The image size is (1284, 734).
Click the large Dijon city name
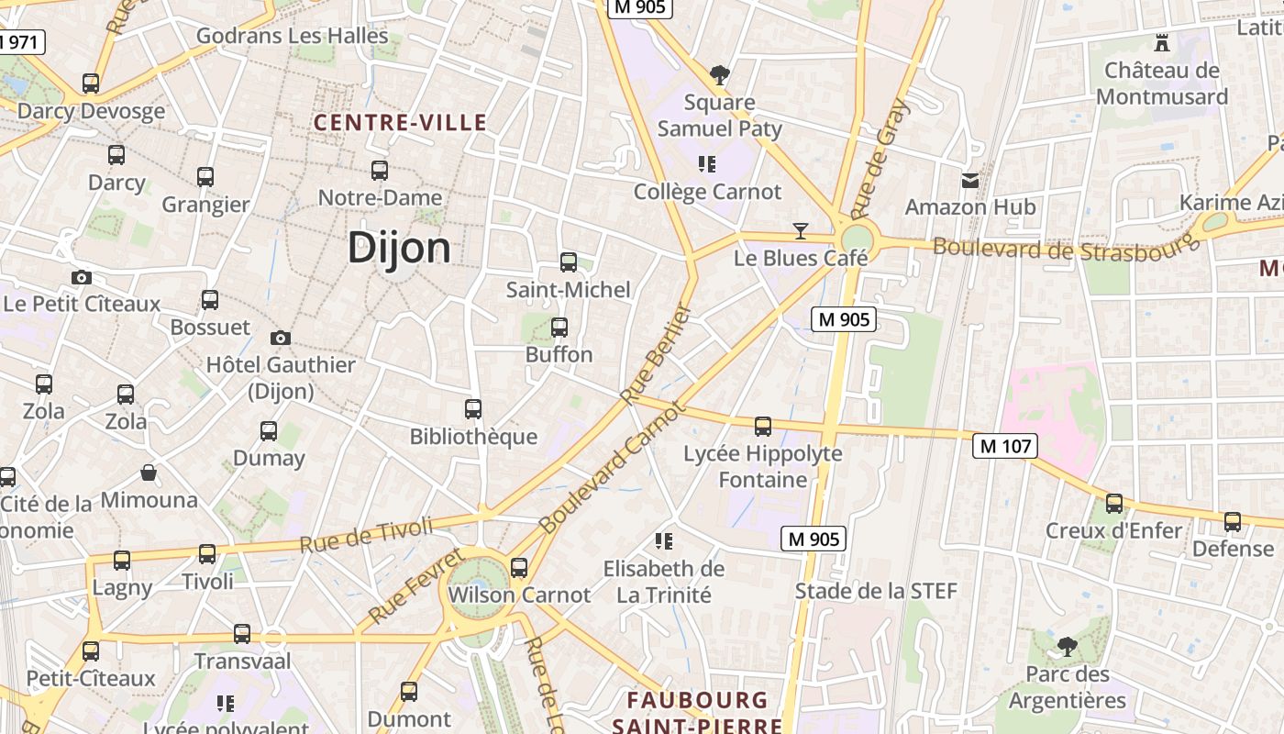click(399, 249)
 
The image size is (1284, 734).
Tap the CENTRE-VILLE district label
click(400, 122)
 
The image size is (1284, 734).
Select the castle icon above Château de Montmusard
click(1163, 42)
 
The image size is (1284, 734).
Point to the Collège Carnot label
click(707, 192)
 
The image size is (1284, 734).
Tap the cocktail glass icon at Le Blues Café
click(801, 230)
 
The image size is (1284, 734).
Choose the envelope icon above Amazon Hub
click(970, 181)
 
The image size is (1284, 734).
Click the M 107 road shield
click(1004, 447)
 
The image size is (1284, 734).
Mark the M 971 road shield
click(20, 41)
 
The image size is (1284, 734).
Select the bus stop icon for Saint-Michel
click(569, 262)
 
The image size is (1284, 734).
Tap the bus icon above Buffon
click(559, 327)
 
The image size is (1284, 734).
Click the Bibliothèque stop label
click(473, 436)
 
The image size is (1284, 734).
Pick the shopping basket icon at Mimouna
click(149, 473)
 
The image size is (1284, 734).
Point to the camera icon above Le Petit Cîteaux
click(82, 277)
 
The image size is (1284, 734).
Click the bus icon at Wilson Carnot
click(519, 567)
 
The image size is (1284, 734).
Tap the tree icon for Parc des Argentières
click(1067, 647)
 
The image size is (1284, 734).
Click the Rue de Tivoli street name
click(366, 534)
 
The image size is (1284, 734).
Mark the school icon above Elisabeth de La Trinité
click(664, 541)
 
